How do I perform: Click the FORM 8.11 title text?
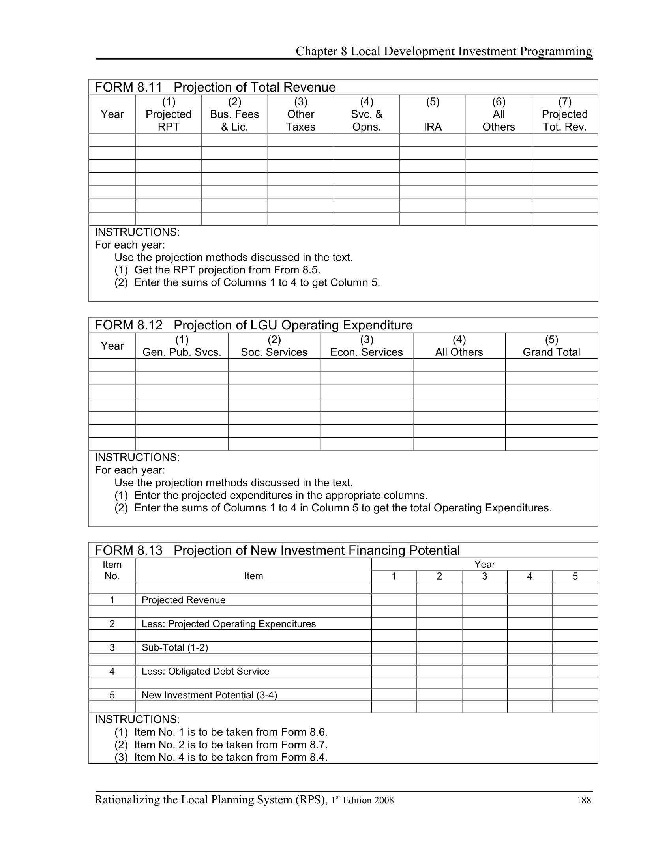tap(215, 87)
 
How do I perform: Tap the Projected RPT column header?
tap(169, 114)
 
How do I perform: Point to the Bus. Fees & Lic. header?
tap(234, 114)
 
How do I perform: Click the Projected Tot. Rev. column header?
tap(564, 114)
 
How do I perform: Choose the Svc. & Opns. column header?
tap(367, 114)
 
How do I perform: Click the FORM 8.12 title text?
tap(254, 325)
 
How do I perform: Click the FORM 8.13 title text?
tap(277, 550)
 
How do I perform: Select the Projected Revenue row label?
tap(183, 600)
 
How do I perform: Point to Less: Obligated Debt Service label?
tap(205, 671)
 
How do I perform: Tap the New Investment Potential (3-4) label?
tap(209, 695)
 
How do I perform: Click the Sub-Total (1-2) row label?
tap(174, 648)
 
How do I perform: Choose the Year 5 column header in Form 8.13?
tap(575, 576)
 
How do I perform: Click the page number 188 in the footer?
tap(583, 801)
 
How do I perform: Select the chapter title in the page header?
tap(444, 51)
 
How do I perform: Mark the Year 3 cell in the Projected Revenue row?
tap(484, 600)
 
